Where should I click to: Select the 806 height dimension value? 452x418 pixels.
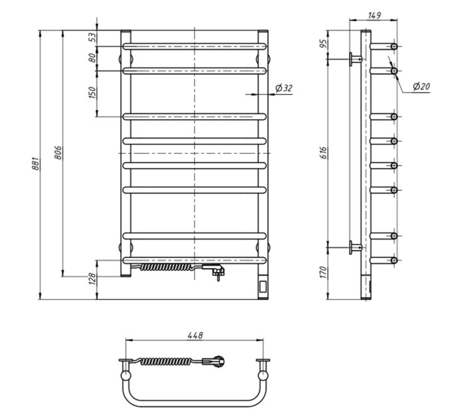coord(58,153)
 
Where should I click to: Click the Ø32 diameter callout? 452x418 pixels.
coord(284,88)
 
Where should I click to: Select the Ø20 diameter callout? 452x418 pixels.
coord(421,86)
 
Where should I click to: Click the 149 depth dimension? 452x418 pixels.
coord(374,15)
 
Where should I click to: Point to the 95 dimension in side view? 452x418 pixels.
coord(324,43)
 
